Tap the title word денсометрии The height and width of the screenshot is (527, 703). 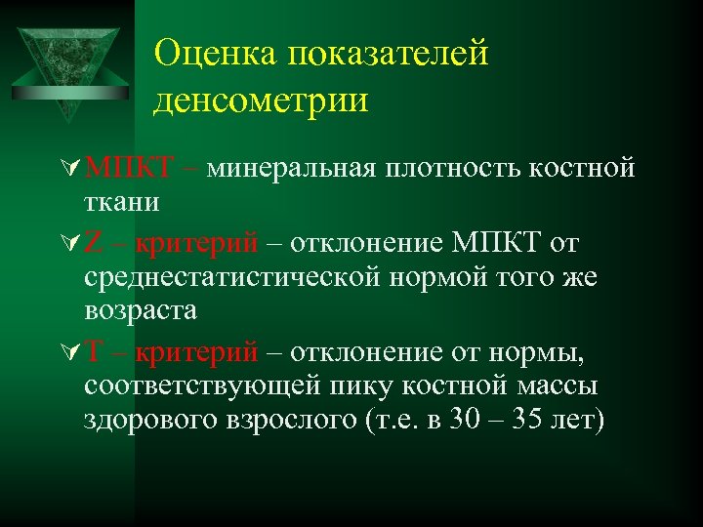coord(261,100)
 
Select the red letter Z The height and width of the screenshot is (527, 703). coord(94,241)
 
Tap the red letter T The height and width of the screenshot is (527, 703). coord(95,350)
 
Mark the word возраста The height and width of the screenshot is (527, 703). coord(141,311)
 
